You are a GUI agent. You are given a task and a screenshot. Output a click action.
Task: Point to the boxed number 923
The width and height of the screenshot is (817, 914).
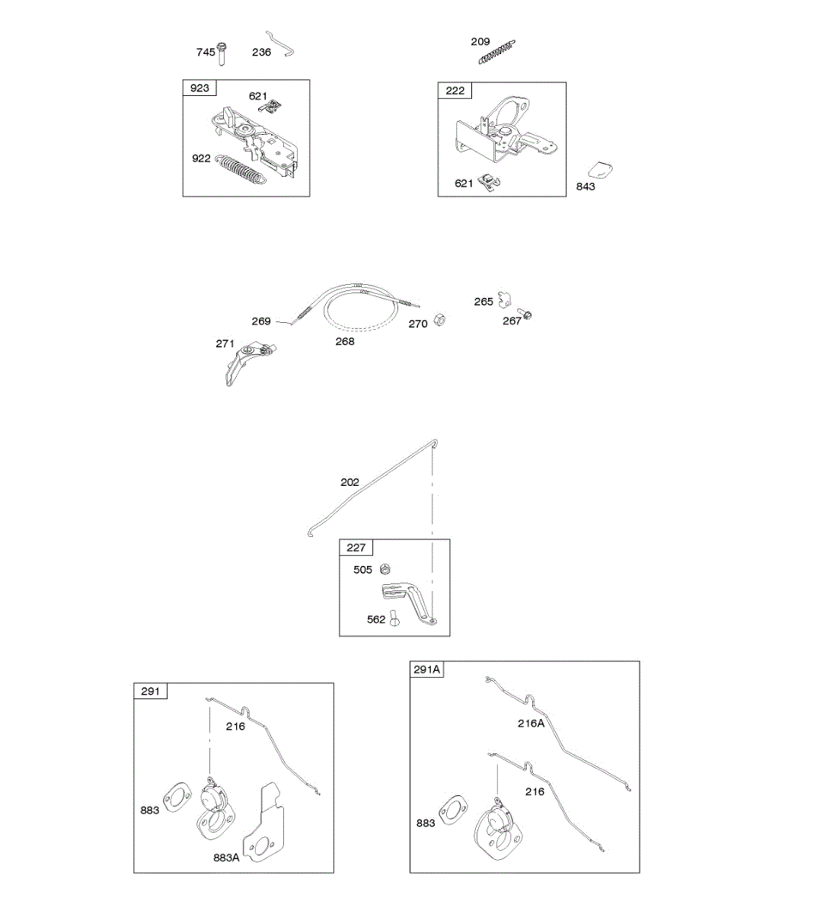point(199,88)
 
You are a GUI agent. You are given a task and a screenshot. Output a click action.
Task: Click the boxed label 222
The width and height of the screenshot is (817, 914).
point(455,91)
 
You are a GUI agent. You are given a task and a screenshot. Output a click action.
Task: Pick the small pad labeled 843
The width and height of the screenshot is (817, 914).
point(603,171)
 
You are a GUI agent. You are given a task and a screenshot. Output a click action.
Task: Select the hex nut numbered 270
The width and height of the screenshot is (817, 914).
point(439,320)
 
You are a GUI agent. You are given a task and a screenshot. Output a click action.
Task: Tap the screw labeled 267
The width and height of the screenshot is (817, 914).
point(525,312)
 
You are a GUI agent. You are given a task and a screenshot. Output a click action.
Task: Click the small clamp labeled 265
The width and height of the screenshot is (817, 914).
point(504,297)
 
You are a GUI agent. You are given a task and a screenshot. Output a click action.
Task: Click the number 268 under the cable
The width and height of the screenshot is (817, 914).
point(345,341)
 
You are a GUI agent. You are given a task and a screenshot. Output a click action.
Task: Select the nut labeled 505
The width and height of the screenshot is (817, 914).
point(385,569)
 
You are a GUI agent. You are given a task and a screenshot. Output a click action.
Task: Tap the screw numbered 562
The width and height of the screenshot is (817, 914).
point(394,618)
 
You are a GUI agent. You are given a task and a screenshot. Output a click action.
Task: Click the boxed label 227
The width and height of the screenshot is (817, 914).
point(356,548)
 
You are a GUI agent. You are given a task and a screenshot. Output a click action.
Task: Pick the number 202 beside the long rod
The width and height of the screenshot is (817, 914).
point(349,482)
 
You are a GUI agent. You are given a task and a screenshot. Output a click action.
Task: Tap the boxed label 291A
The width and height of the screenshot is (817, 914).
point(427,670)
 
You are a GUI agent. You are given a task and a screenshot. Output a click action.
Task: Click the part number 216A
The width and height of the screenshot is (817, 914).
point(531,723)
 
